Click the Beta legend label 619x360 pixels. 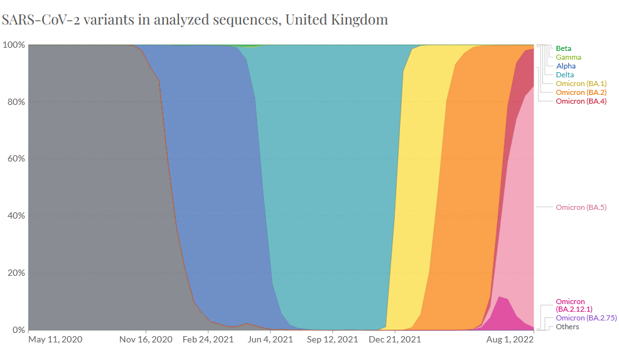563,48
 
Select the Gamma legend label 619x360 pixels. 568,57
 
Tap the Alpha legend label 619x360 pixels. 566,66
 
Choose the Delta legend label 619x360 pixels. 565,75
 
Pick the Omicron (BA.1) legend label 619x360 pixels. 581,84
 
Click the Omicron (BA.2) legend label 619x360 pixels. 581,92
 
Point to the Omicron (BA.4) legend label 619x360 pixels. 581,101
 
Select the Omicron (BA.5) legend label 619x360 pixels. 581,207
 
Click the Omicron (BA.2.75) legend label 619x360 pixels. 586,318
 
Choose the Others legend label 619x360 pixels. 567,327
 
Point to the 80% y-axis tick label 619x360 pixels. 15,102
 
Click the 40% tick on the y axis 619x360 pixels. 15,216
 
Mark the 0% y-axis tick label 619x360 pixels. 18,330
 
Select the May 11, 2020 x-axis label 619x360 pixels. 55,339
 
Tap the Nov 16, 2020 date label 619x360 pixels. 146,339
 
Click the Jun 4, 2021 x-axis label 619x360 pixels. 271,339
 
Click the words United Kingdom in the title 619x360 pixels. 336,19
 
